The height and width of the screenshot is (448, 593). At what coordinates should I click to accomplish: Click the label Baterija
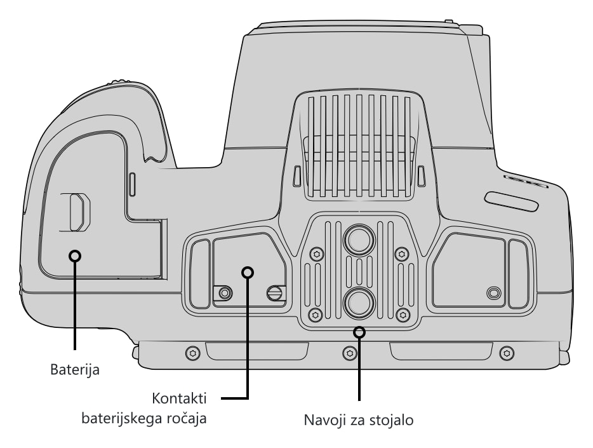click(x=75, y=369)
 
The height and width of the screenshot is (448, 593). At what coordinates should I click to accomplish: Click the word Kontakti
click(x=179, y=398)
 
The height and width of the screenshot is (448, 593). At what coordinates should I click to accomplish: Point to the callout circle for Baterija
click(x=75, y=256)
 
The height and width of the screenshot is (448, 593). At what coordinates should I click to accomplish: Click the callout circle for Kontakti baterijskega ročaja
click(x=248, y=273)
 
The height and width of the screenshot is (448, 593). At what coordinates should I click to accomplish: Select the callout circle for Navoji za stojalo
click(x=359, y=332)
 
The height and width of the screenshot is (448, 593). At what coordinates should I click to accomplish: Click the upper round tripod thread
click(x=359, y=240)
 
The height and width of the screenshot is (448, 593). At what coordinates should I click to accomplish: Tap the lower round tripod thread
click(x=359, y=302)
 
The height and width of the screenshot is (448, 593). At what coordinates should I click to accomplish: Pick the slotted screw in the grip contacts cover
click(x=274, y=292)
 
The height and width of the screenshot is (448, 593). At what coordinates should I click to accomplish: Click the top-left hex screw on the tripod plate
click(x=317, y=254)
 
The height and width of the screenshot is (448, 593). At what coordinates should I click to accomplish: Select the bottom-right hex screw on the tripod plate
click(x=403, y=315)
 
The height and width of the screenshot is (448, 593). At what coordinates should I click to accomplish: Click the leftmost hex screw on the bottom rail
click(x=193, y=353)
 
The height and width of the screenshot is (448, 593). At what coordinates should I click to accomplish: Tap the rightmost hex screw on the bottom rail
click(x=507, y=353)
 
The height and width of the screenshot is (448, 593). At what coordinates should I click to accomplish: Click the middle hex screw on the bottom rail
click(x=350, y=353)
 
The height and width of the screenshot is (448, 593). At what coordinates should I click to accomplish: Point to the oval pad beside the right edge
click(x=512, y=201)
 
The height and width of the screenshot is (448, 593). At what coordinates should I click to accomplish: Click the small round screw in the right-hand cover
click(x=494, y=293)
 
